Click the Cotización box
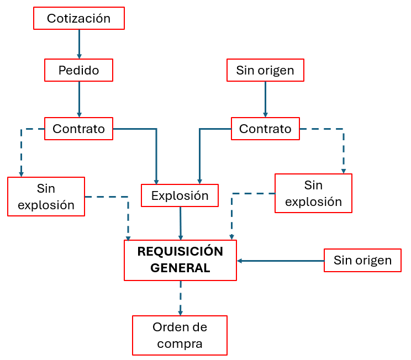tap(78, 18)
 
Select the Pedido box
tap(78, 70)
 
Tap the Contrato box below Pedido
tap(78, 129)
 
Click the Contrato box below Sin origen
tap(265, 129)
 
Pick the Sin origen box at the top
tap(265, 70)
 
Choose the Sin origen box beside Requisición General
tap(362, 260)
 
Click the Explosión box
tap(180, 195)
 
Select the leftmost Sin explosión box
tap(46, 197)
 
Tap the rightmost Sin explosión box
tap(313, 193)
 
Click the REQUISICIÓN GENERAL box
tap(180, 260)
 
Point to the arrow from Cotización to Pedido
tap(79, 44)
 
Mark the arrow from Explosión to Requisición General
tap(180, 223)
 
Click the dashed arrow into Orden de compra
tap(180, 298)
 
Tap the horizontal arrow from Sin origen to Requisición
tap(280, 260)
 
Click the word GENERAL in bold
tap(180, 268)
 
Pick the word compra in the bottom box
tap(180, 343)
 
